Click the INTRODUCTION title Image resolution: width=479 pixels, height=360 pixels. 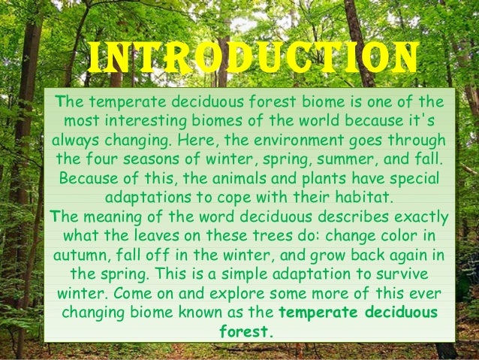click(252, 59)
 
